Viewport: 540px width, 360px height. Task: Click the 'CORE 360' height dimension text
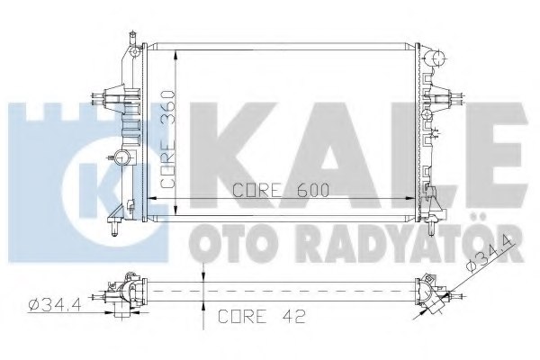point(166,137)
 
